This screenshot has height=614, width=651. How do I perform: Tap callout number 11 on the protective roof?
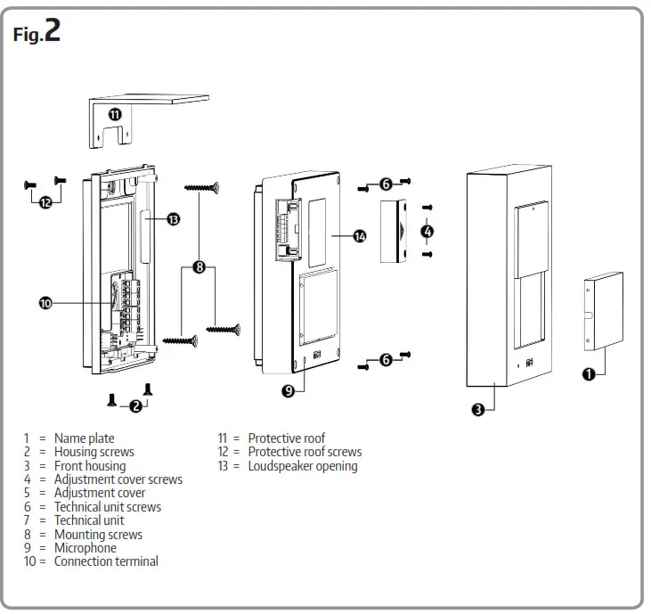[116, 114]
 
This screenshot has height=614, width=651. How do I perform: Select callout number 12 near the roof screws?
[45, 202]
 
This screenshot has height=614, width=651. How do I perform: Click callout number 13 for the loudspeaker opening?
[173, 218]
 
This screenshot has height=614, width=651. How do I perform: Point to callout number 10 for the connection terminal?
[45, 304]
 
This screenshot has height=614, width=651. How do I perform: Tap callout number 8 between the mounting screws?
[199, 266]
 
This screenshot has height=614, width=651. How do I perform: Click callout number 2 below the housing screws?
[135, 406]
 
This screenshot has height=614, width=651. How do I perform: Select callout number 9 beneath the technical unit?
[288, 390]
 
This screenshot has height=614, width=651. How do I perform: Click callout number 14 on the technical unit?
[360, 236]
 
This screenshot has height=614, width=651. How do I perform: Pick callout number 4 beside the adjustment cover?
[427, 231]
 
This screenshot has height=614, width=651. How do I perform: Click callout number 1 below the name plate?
[588, 374]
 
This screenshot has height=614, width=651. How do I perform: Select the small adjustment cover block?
[392, 231]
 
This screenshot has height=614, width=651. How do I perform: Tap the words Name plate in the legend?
[84, 438]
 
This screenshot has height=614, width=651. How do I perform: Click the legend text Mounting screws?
[98, 535]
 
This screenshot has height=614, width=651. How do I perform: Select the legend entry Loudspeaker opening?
[302, 466]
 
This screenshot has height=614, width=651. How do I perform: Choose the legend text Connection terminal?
[106, 561]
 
